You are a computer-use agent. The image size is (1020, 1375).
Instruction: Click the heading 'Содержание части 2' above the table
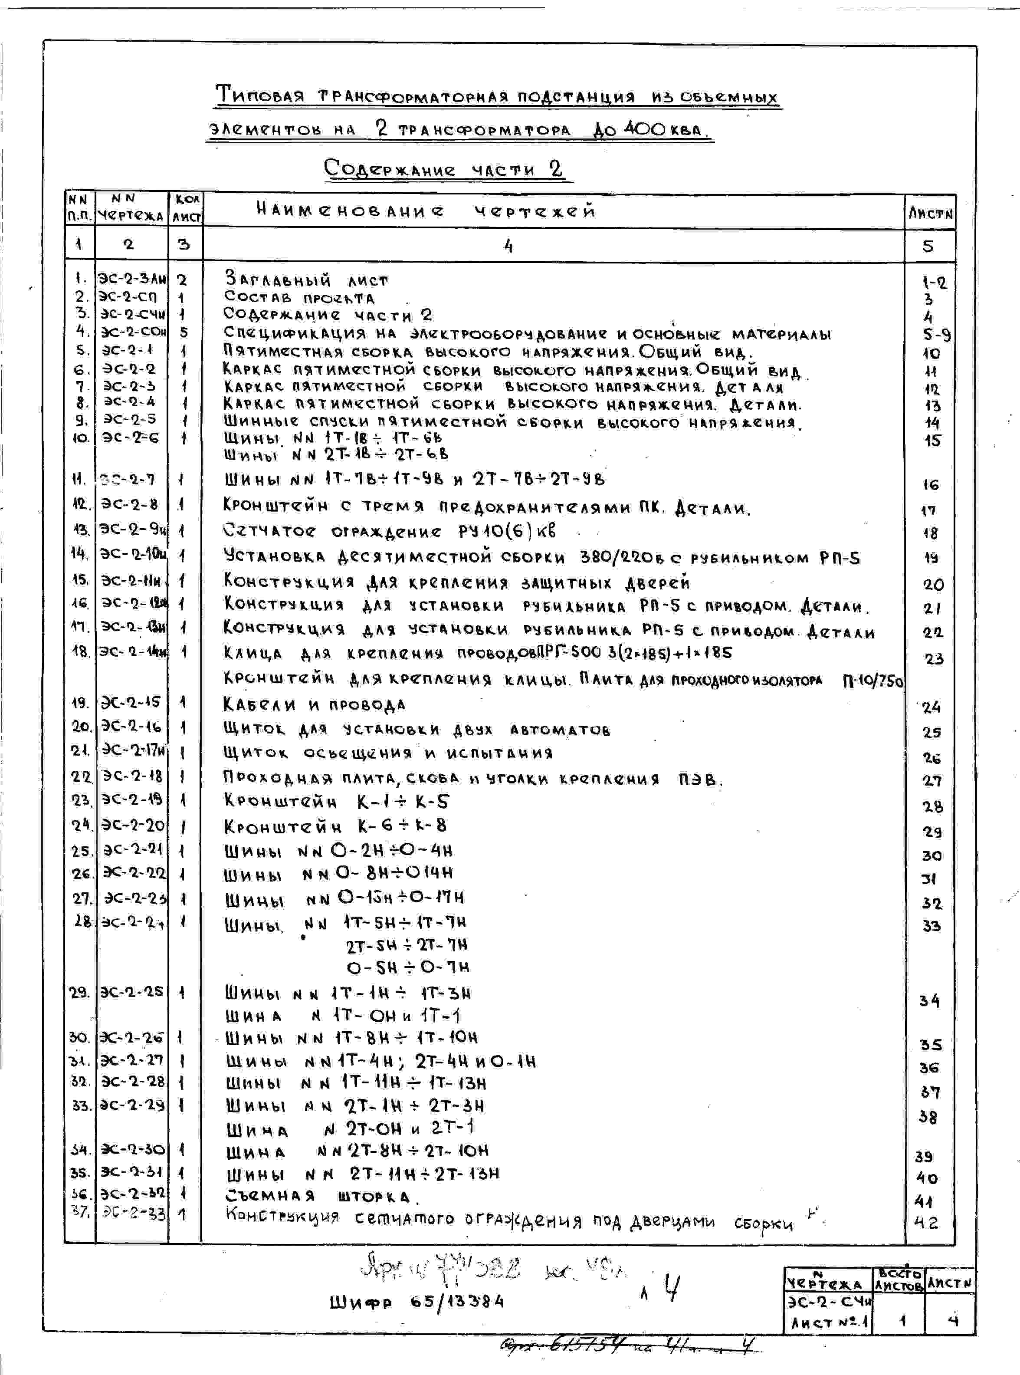tap(443, 169)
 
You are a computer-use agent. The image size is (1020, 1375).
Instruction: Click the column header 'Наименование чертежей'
tap(426, 211)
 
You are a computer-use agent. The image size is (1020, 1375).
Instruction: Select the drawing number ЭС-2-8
tap(130, 504)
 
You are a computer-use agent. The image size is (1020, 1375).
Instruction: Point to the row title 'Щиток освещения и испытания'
tap(388, 753)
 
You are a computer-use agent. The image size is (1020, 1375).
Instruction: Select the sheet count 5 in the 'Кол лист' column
tap(184, 332)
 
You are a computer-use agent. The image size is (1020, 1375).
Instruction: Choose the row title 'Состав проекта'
tap(299, 298)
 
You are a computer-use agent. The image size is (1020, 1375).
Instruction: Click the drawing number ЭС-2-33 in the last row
tap(133, 1213)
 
